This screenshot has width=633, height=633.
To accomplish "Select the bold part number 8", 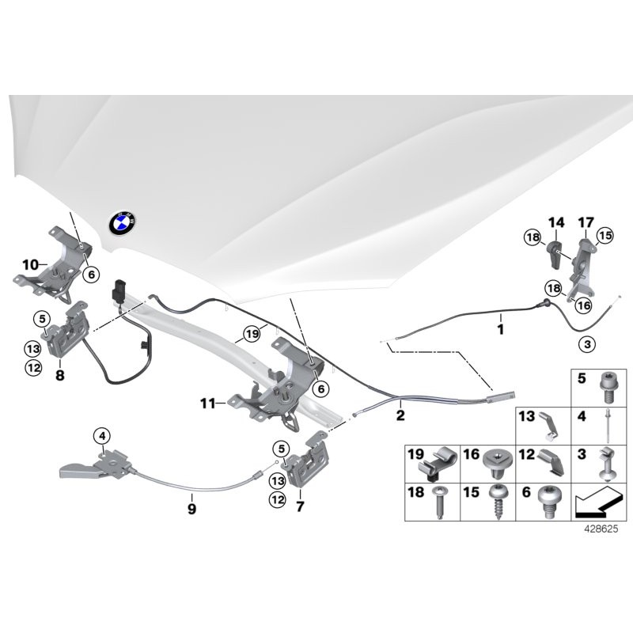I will (x=59, y=377).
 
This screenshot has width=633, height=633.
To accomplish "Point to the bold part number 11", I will (x=207, y=404).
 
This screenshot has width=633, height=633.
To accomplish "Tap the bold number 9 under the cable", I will (x=191, y=510).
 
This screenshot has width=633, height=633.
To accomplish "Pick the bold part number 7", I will (x=300, y=505).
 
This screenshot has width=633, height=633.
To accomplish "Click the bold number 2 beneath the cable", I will (x=400, y=414).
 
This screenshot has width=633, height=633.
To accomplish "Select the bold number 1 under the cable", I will (x=500, y=325).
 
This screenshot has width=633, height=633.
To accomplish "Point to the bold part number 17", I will (x=586, y=222).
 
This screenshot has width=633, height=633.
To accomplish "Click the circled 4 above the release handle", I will (x=102, y=434).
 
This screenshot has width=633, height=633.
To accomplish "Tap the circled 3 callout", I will (x=586, y=344).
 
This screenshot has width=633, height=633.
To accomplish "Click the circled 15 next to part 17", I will (x=605, y=236).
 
